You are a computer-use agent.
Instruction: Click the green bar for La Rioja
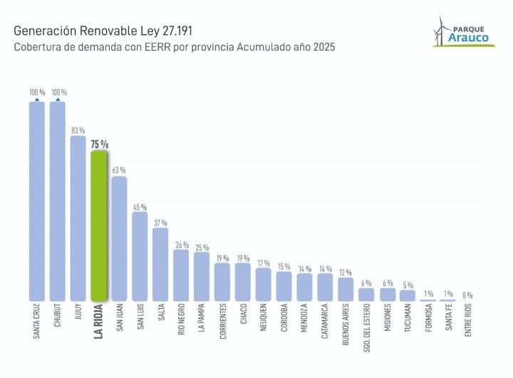click(x=98, y=225)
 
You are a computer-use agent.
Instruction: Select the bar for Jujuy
click(x=78, y=218)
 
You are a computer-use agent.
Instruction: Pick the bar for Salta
click(x=160, y=264)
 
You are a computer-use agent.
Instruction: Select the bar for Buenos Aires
click(x=346, y=289)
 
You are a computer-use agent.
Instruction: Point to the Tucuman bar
click(x=408, y=295)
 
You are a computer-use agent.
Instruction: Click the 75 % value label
click(x=99, y=144)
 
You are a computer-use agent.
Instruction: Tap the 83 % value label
click(x=78, y=131)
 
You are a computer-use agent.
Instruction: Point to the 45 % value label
click(x=140, y=207)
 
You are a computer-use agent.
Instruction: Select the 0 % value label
click(x=468, y=295)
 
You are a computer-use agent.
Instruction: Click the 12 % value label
click(x=346, y=272)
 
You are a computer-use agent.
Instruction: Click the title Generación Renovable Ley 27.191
click(x=103, y=32)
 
